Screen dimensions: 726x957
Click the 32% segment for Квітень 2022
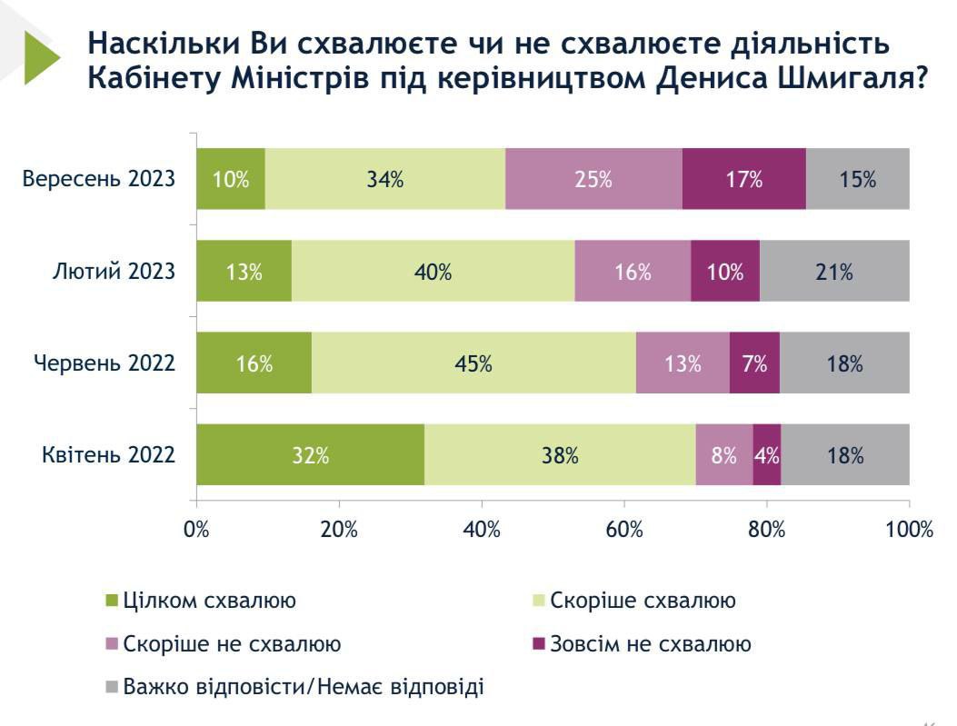click(310, 454)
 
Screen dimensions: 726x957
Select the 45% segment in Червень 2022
click(474, 363)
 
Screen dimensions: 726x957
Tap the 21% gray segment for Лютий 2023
click(834, 271)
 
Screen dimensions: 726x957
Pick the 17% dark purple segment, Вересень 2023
click(743, 179)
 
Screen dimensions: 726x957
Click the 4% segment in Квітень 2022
click(767, 454)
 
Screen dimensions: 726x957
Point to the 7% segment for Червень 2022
click(754, 363)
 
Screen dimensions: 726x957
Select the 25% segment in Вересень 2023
click(593, 179)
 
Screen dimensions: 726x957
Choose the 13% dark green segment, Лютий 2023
click(244, 271)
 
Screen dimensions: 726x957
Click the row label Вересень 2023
click(99, 178)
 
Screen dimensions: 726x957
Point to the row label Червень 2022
click(105, 363)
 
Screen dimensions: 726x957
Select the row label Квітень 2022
click(108, 454)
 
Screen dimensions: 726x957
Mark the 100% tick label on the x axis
click(910, 530)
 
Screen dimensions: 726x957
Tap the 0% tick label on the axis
click(197, 530)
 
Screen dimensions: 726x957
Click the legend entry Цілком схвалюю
click(209, 601)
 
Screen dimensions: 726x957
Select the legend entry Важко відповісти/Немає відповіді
click(304, 687)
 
